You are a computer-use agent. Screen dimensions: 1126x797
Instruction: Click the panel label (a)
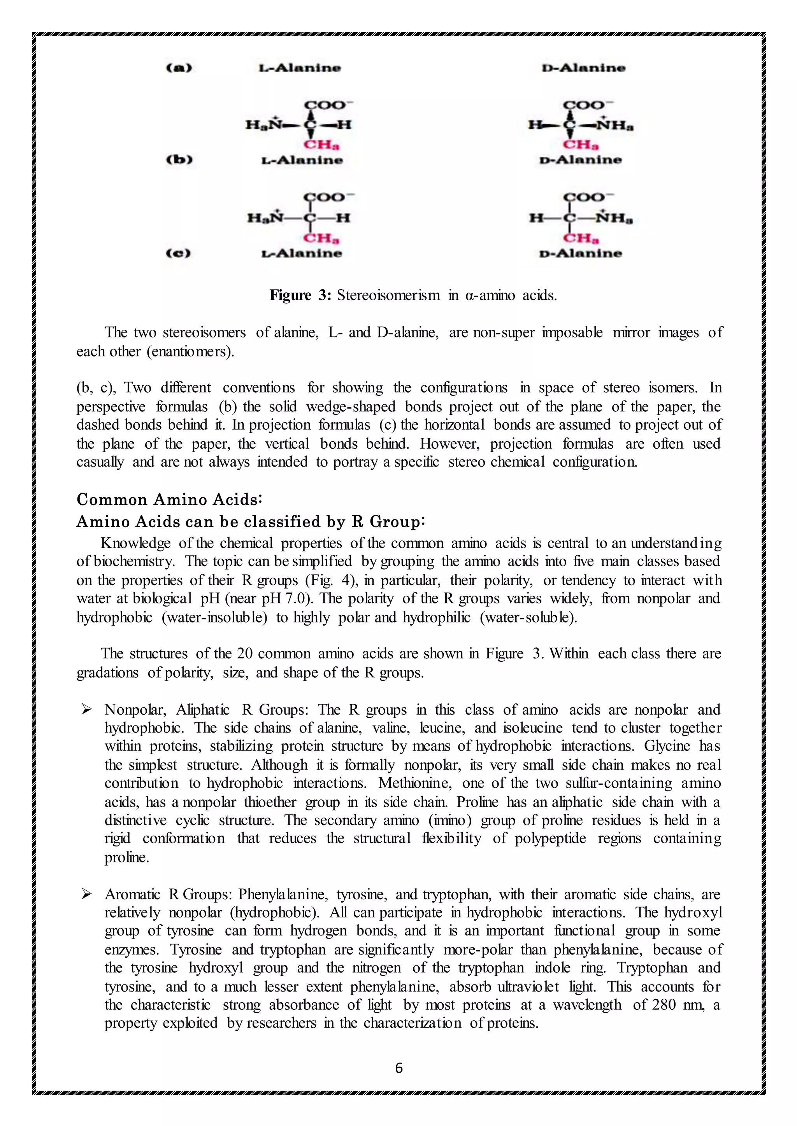[x=179, y=68]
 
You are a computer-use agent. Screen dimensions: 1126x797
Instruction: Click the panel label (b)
[x=179, y=160]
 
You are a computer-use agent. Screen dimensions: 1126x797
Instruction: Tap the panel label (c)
[x=179, y=253]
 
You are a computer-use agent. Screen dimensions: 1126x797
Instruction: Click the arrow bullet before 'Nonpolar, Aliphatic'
[x=87, y=710]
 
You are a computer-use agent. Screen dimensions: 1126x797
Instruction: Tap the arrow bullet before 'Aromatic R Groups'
[x=87, y=894]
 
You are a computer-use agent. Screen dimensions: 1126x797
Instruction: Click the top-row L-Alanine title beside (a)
[x=300, y=68]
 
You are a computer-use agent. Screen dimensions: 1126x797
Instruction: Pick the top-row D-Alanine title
[x=583, y=68]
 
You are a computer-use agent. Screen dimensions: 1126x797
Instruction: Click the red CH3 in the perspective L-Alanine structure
[x=321, y=145]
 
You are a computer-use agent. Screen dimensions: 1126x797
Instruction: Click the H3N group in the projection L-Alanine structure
[x=265, y=218]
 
